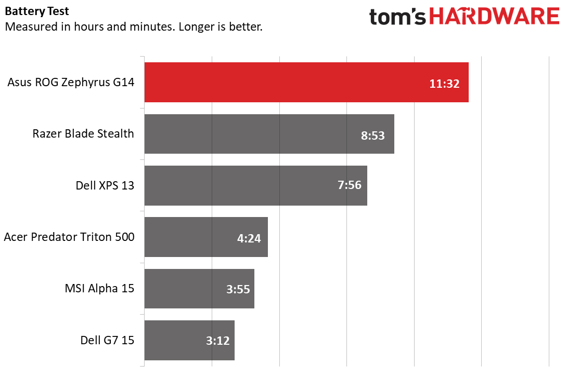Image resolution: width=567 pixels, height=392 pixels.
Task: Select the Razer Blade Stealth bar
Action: (260, 134)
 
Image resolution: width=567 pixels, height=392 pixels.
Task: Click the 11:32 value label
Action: (444, 84)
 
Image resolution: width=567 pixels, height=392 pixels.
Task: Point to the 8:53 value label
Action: (372, 136)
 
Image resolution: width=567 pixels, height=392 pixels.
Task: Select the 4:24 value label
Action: (249, 238)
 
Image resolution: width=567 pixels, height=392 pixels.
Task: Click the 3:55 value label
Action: (238, 290)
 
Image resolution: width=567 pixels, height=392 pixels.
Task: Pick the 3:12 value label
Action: (218, 341)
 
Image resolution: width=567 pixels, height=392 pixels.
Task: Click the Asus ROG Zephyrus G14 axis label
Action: (71, 82)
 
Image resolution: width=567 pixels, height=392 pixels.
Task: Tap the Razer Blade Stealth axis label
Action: (83, 133)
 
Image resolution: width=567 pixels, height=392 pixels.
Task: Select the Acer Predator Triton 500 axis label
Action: (69, 237)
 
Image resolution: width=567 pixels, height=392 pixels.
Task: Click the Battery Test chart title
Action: (37, 11)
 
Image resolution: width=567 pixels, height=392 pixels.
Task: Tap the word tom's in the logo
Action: (398, 17)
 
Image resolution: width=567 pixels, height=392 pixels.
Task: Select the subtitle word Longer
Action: (197, 26)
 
